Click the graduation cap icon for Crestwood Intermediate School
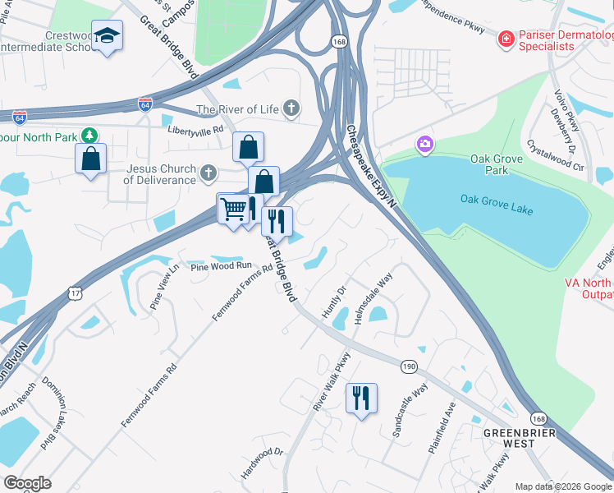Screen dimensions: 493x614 [107, 36]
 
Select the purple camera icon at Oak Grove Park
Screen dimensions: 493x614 [424, 145]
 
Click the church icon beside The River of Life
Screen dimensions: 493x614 [291, 108]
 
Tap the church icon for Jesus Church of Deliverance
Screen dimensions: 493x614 [208, 173]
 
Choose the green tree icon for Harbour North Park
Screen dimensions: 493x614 [89, 135]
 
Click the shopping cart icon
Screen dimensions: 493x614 [233, 210]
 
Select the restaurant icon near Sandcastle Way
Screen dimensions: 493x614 [361, 399]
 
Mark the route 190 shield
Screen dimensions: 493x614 [409, 366]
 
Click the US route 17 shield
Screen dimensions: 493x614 [74, 293]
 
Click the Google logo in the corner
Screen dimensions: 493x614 [27, 482]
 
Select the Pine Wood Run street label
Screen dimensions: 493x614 [220, 266]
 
